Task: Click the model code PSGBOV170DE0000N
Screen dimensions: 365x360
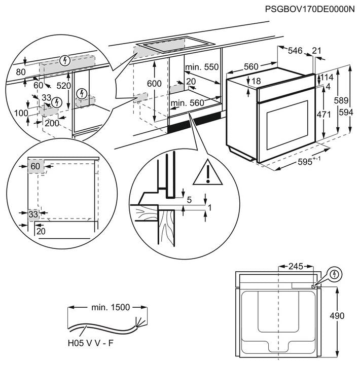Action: (309, 9)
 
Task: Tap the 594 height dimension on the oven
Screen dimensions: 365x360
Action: (346, 113)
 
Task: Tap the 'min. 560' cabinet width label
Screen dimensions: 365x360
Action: (187, 103)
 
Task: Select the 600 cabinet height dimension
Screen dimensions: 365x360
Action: (154, 83)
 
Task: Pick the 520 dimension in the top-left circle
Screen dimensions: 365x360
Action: (63, 86)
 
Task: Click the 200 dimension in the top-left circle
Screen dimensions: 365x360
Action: (52, 123)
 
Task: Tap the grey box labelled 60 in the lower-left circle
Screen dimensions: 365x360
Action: (35, 166)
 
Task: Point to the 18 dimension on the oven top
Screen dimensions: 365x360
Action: (256, 81)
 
